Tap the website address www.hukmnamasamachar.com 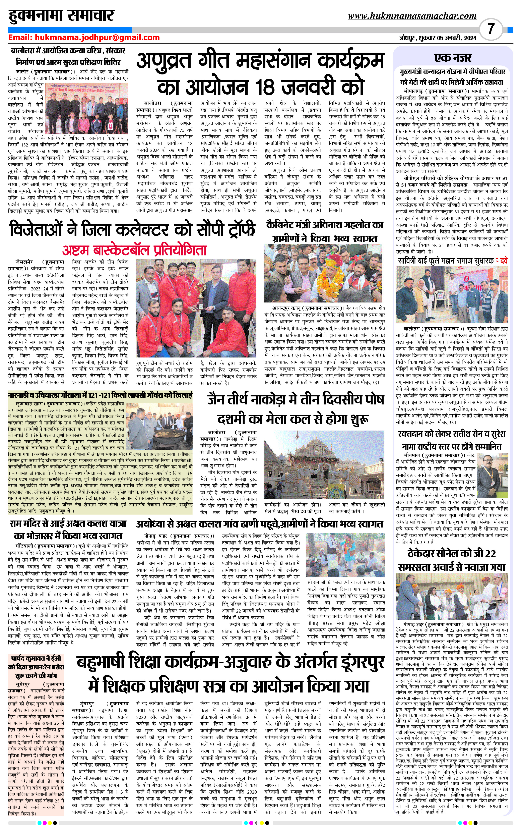pyautogui.click(x=412, y=16)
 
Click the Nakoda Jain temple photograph pyautogui.click(x=324, y=465)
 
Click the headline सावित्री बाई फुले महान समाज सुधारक pyautogui.click(x=446, y=261)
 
